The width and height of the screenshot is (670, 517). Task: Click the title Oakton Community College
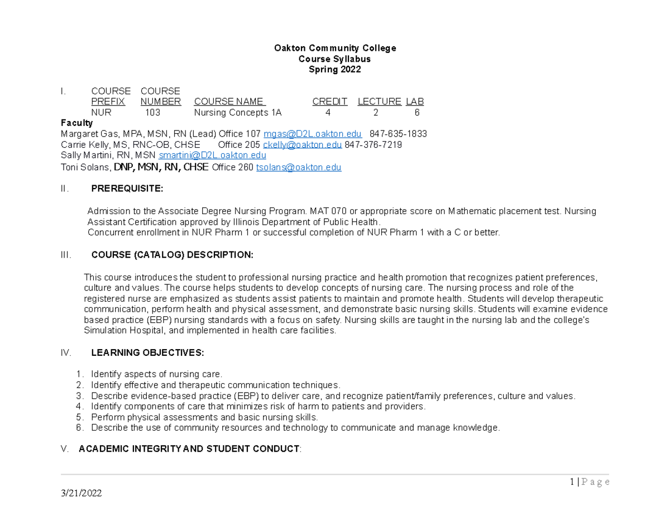point(334,48)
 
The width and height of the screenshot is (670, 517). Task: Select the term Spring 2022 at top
point(334,70)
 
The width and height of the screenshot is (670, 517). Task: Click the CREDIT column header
point(329,102)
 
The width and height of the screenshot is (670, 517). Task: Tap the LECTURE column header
point(379,102)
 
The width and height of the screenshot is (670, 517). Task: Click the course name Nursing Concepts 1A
point(238,112)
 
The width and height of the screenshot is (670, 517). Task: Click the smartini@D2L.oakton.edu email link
point(212,156)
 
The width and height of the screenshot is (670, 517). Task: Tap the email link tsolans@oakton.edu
point(298,167)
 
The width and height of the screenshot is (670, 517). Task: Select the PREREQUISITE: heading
point(127,189)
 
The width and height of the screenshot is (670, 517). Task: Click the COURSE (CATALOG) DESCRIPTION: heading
point(172,255)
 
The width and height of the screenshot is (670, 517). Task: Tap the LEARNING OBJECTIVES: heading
point(147,352)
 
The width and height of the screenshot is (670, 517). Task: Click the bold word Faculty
point(76,123)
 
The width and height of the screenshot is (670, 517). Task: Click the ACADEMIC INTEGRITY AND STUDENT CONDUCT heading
point(189,449)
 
